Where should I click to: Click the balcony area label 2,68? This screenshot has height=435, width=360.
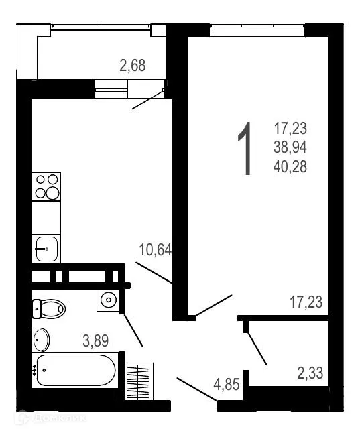[x=132, y=66]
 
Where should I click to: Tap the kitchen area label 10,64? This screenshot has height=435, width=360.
[x=155, y=251]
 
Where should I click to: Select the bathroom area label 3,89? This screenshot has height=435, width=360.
[x=96, y=340]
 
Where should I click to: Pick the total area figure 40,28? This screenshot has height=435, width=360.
[x=290, y=166]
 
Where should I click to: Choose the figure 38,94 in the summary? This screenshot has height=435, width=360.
[x=290, y=147]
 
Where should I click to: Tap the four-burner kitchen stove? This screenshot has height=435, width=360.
[x=47, y=186]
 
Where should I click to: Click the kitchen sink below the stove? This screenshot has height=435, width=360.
[x=47, y=249]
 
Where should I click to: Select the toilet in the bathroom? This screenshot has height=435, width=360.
[x=48, y=308]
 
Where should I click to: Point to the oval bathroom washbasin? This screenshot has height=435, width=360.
[x=41, y=339]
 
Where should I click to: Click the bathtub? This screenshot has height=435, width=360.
[x=76, y=369]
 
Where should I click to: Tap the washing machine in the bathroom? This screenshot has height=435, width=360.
[x=107, y=300]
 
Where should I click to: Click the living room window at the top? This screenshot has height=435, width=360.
[x=257, y=29]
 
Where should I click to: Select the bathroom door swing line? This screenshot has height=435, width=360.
[x=131, y=328]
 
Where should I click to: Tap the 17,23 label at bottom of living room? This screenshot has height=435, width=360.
[x=306, y=303]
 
